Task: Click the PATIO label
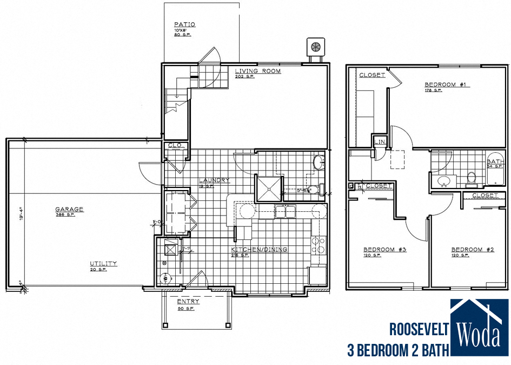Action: (x=184, y=24)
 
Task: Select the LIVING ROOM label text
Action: (x=257, y=71)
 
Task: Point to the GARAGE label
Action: (x=69, y=209)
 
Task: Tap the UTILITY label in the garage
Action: (x=103, y=264)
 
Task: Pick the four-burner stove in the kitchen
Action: (x=317, y=246)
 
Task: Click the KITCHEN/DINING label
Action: (x=259, y=250)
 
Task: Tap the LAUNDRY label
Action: (x=214, y=180)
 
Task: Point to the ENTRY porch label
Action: (x=188, y=302)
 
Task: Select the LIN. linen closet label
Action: (x=379, y=143)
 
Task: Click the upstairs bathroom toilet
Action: (x=471, y=177)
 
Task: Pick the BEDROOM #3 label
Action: (x=385, y=250)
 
